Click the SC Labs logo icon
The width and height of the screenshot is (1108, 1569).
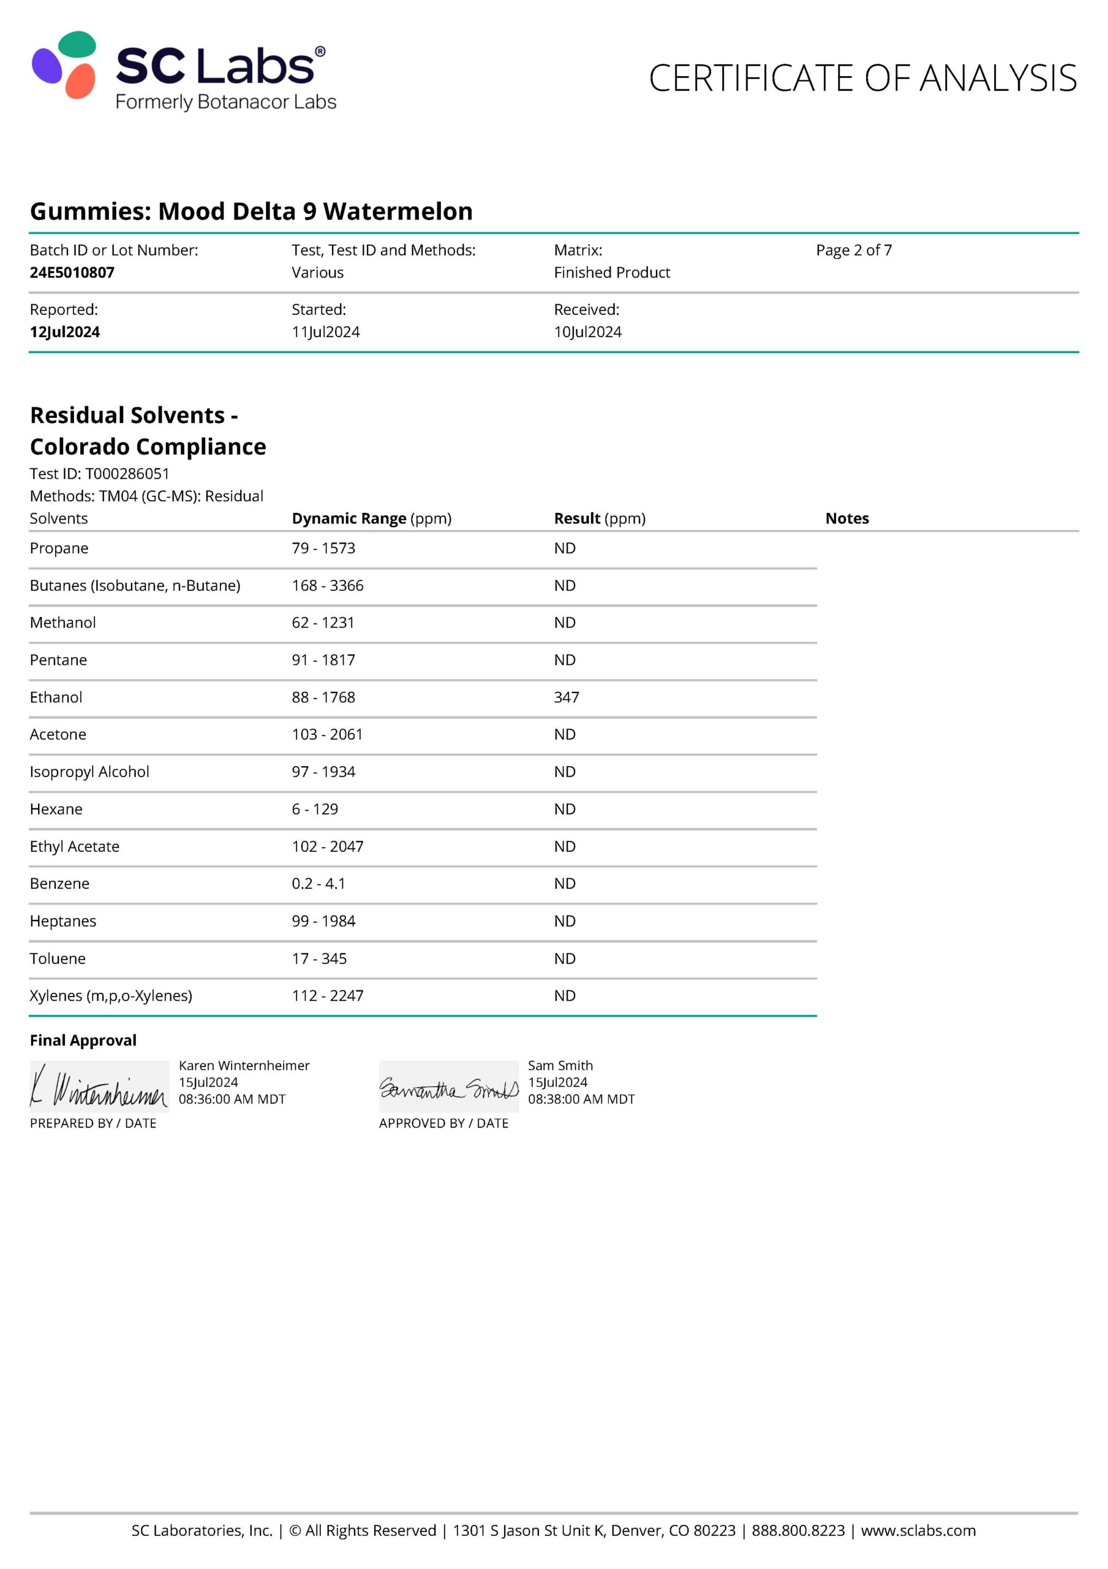64,65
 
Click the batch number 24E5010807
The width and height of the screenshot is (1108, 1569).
72,273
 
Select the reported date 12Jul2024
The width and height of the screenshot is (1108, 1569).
65,332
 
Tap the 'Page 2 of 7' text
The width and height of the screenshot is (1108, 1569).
853,250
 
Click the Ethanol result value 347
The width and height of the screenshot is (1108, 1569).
567,697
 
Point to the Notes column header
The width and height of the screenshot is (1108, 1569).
846,519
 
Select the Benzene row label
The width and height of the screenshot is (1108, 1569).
59,884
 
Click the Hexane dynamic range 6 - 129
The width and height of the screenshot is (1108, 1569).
315,809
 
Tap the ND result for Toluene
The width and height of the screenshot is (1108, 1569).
564,959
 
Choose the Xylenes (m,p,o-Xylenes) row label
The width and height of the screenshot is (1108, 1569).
111,996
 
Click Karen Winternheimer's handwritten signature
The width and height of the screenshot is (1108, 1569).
99,1087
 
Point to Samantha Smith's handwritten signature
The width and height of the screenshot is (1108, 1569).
448,1087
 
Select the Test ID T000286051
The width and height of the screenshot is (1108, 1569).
127,474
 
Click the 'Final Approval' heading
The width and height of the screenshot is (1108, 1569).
83,1040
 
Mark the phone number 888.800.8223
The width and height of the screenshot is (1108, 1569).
798,1531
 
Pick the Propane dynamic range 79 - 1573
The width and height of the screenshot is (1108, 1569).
323,548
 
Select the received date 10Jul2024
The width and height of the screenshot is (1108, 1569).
587,332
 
